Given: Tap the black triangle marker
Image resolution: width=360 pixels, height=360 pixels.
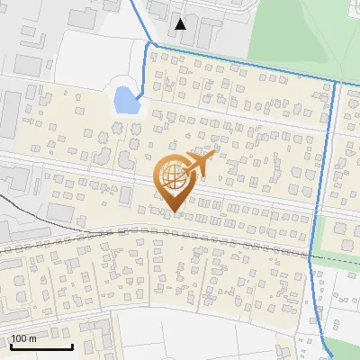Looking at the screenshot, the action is click(182, 24).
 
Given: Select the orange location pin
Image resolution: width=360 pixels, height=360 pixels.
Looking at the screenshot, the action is click(174, 180).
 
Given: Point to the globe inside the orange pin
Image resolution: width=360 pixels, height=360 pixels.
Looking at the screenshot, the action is click(174, 176).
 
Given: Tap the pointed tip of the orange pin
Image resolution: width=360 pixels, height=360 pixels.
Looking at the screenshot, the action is click(174, 211).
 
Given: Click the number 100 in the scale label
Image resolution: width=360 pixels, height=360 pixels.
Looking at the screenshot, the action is click(21, 338).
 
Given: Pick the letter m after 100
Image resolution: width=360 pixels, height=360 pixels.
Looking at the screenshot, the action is click(32, 338).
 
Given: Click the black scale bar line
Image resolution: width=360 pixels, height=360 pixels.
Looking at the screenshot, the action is click(40, 347).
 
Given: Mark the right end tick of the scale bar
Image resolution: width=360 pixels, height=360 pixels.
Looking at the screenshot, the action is click(72, 345).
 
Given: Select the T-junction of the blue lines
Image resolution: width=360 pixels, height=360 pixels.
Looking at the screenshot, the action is click(335, 83).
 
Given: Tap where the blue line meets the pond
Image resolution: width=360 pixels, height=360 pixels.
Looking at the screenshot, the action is click(139, 93).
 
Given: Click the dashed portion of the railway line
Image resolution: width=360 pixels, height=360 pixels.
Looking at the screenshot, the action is click(337, 258).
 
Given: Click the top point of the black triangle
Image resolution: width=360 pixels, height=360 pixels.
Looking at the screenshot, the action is click(182, 19).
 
